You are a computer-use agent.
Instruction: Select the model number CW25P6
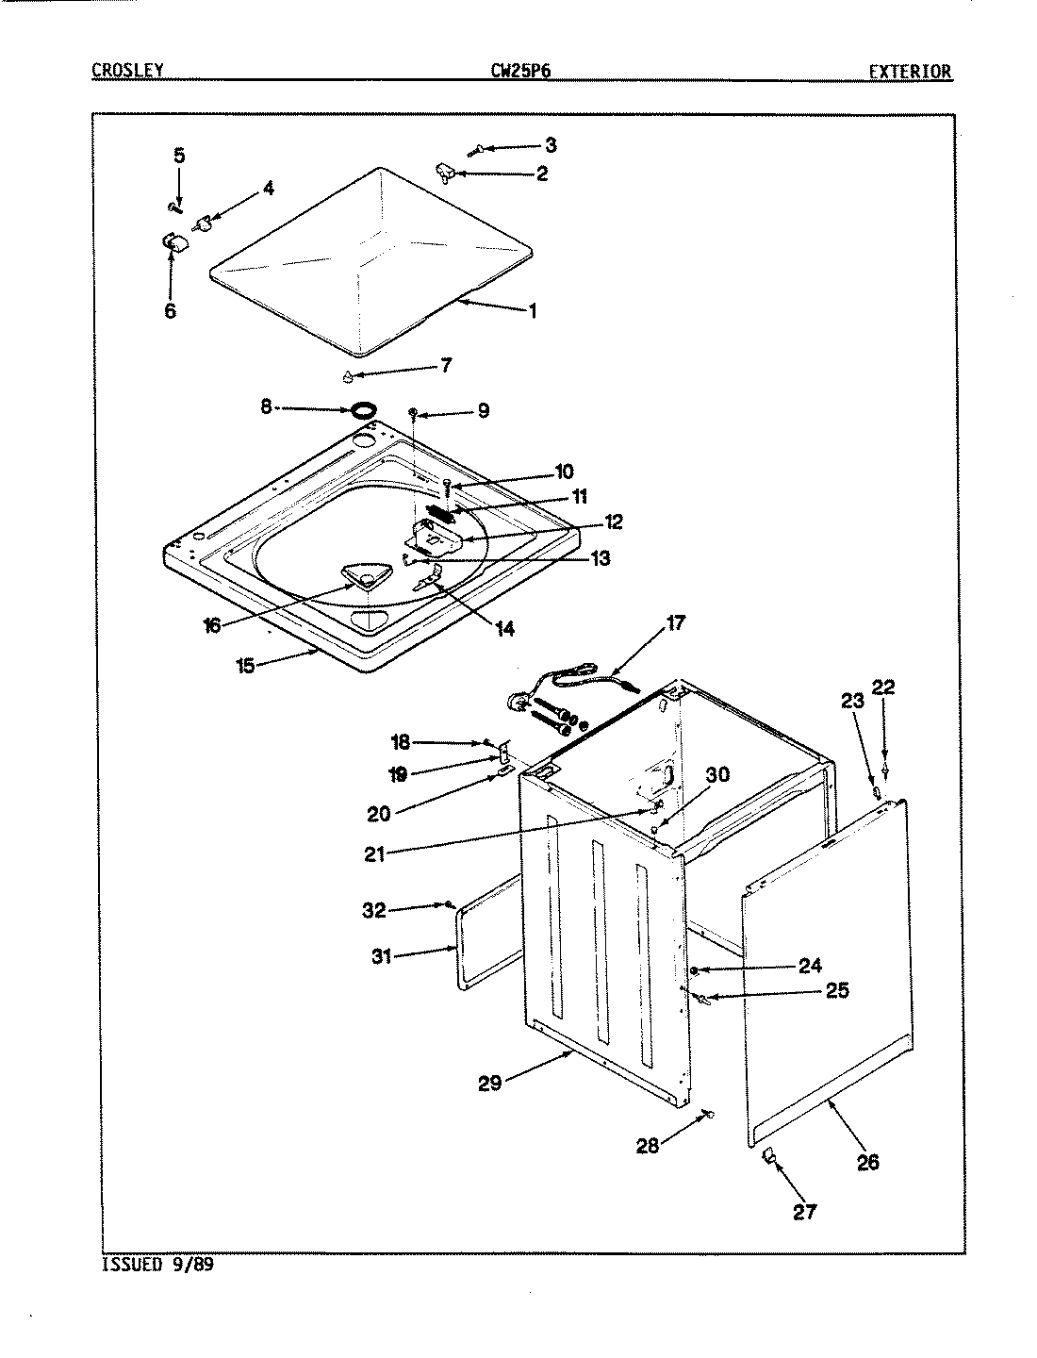pos(514,71)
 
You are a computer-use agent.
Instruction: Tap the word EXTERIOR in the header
pos(910,72)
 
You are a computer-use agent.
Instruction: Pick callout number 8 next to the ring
pos(267,406)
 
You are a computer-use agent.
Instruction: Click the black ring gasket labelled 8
pos(364,410)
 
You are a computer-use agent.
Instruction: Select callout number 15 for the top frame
pos(245,666)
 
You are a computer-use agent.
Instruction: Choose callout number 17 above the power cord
pos(676,622)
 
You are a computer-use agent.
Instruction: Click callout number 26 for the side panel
pos(867,1162)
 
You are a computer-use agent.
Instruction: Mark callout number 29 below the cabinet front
pos(489,1084)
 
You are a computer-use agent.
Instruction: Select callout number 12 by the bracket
pos(613,522)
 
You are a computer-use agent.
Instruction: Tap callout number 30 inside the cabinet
pos(717,775)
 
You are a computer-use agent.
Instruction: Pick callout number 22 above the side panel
pos(884,687)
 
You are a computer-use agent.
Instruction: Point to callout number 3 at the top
pos(551,144)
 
